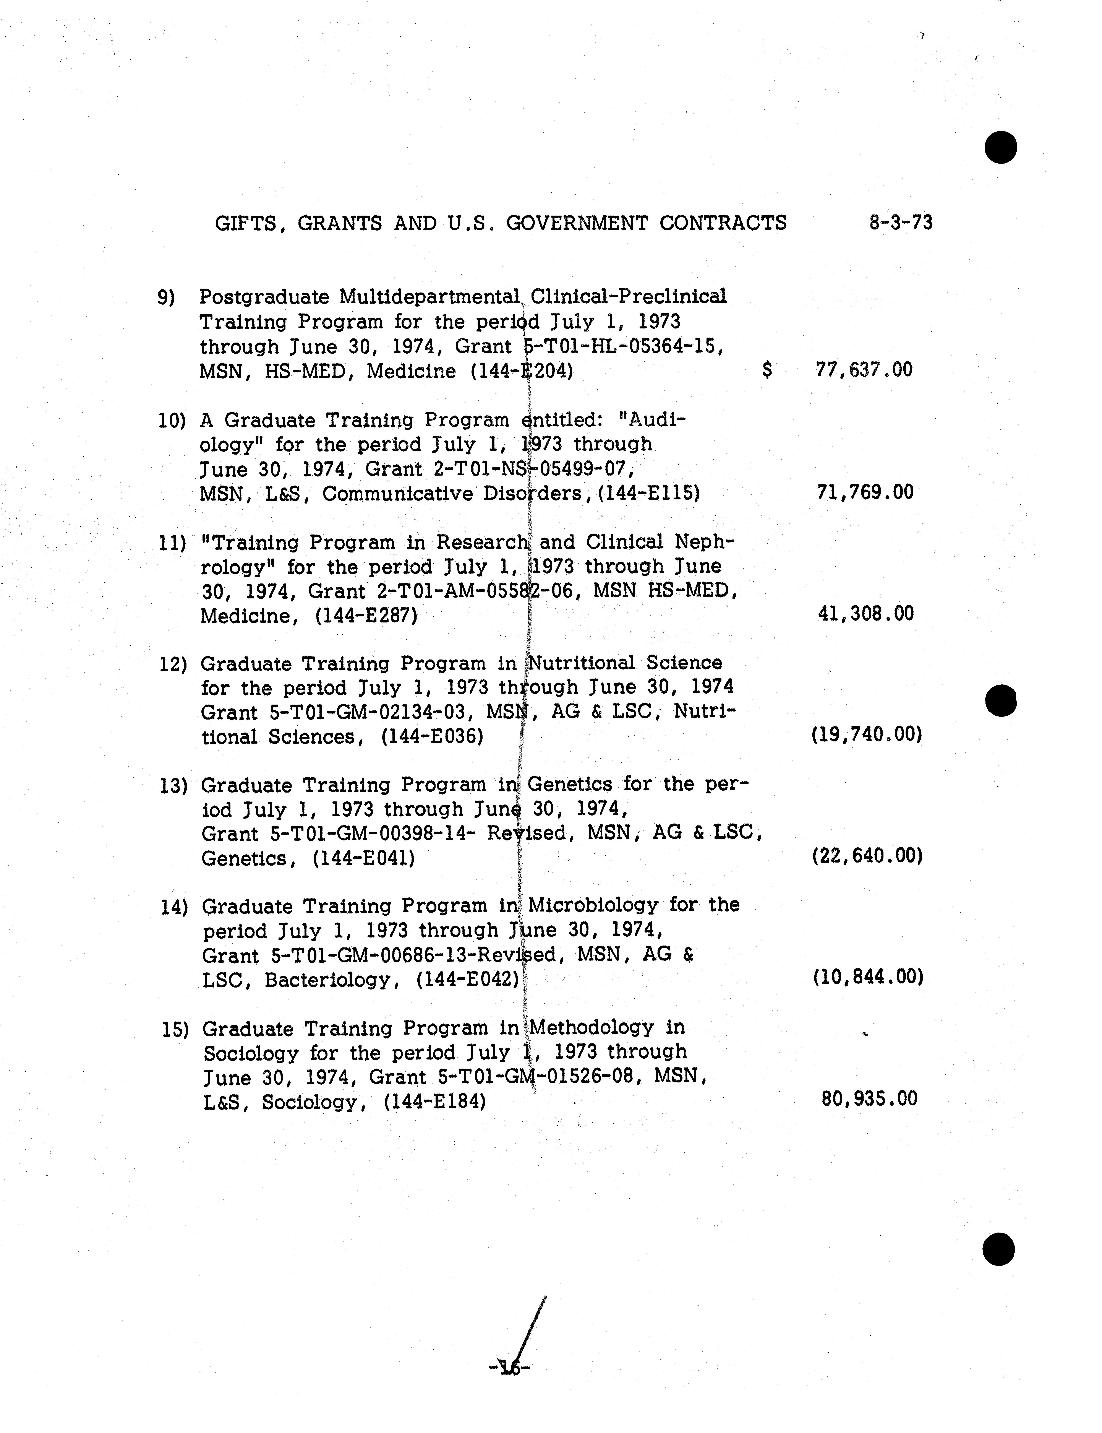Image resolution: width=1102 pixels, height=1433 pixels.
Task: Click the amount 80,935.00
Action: click(x=869, y=1098)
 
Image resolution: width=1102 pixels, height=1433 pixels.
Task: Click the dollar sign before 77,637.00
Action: click(x=767, y=370)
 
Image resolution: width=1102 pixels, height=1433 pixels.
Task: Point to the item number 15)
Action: click(x=175, y=1029)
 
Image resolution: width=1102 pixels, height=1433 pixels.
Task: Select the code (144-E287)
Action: click(x=366, y=616)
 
